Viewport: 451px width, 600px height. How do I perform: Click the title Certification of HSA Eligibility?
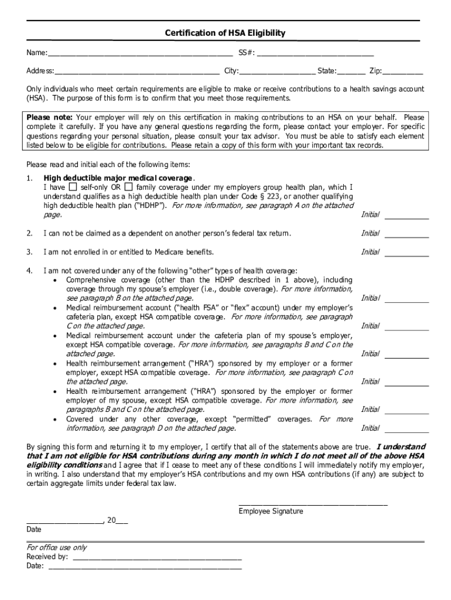point(225,33)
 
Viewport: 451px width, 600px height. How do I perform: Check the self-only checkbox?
point(73,187)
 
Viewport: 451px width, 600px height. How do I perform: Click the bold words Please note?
point(50,118)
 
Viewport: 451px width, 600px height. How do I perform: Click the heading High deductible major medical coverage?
point(118,178)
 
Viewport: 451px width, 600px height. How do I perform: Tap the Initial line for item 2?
point(406,236)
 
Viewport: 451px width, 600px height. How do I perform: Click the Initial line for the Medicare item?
point(406,254)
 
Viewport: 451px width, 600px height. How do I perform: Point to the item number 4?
point(29,271)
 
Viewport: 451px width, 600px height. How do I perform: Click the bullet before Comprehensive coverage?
point(54,280)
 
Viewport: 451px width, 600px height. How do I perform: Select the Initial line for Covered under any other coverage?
point(406,430)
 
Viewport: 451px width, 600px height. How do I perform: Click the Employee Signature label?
point(271,512)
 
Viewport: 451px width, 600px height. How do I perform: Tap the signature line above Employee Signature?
point(313,503)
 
